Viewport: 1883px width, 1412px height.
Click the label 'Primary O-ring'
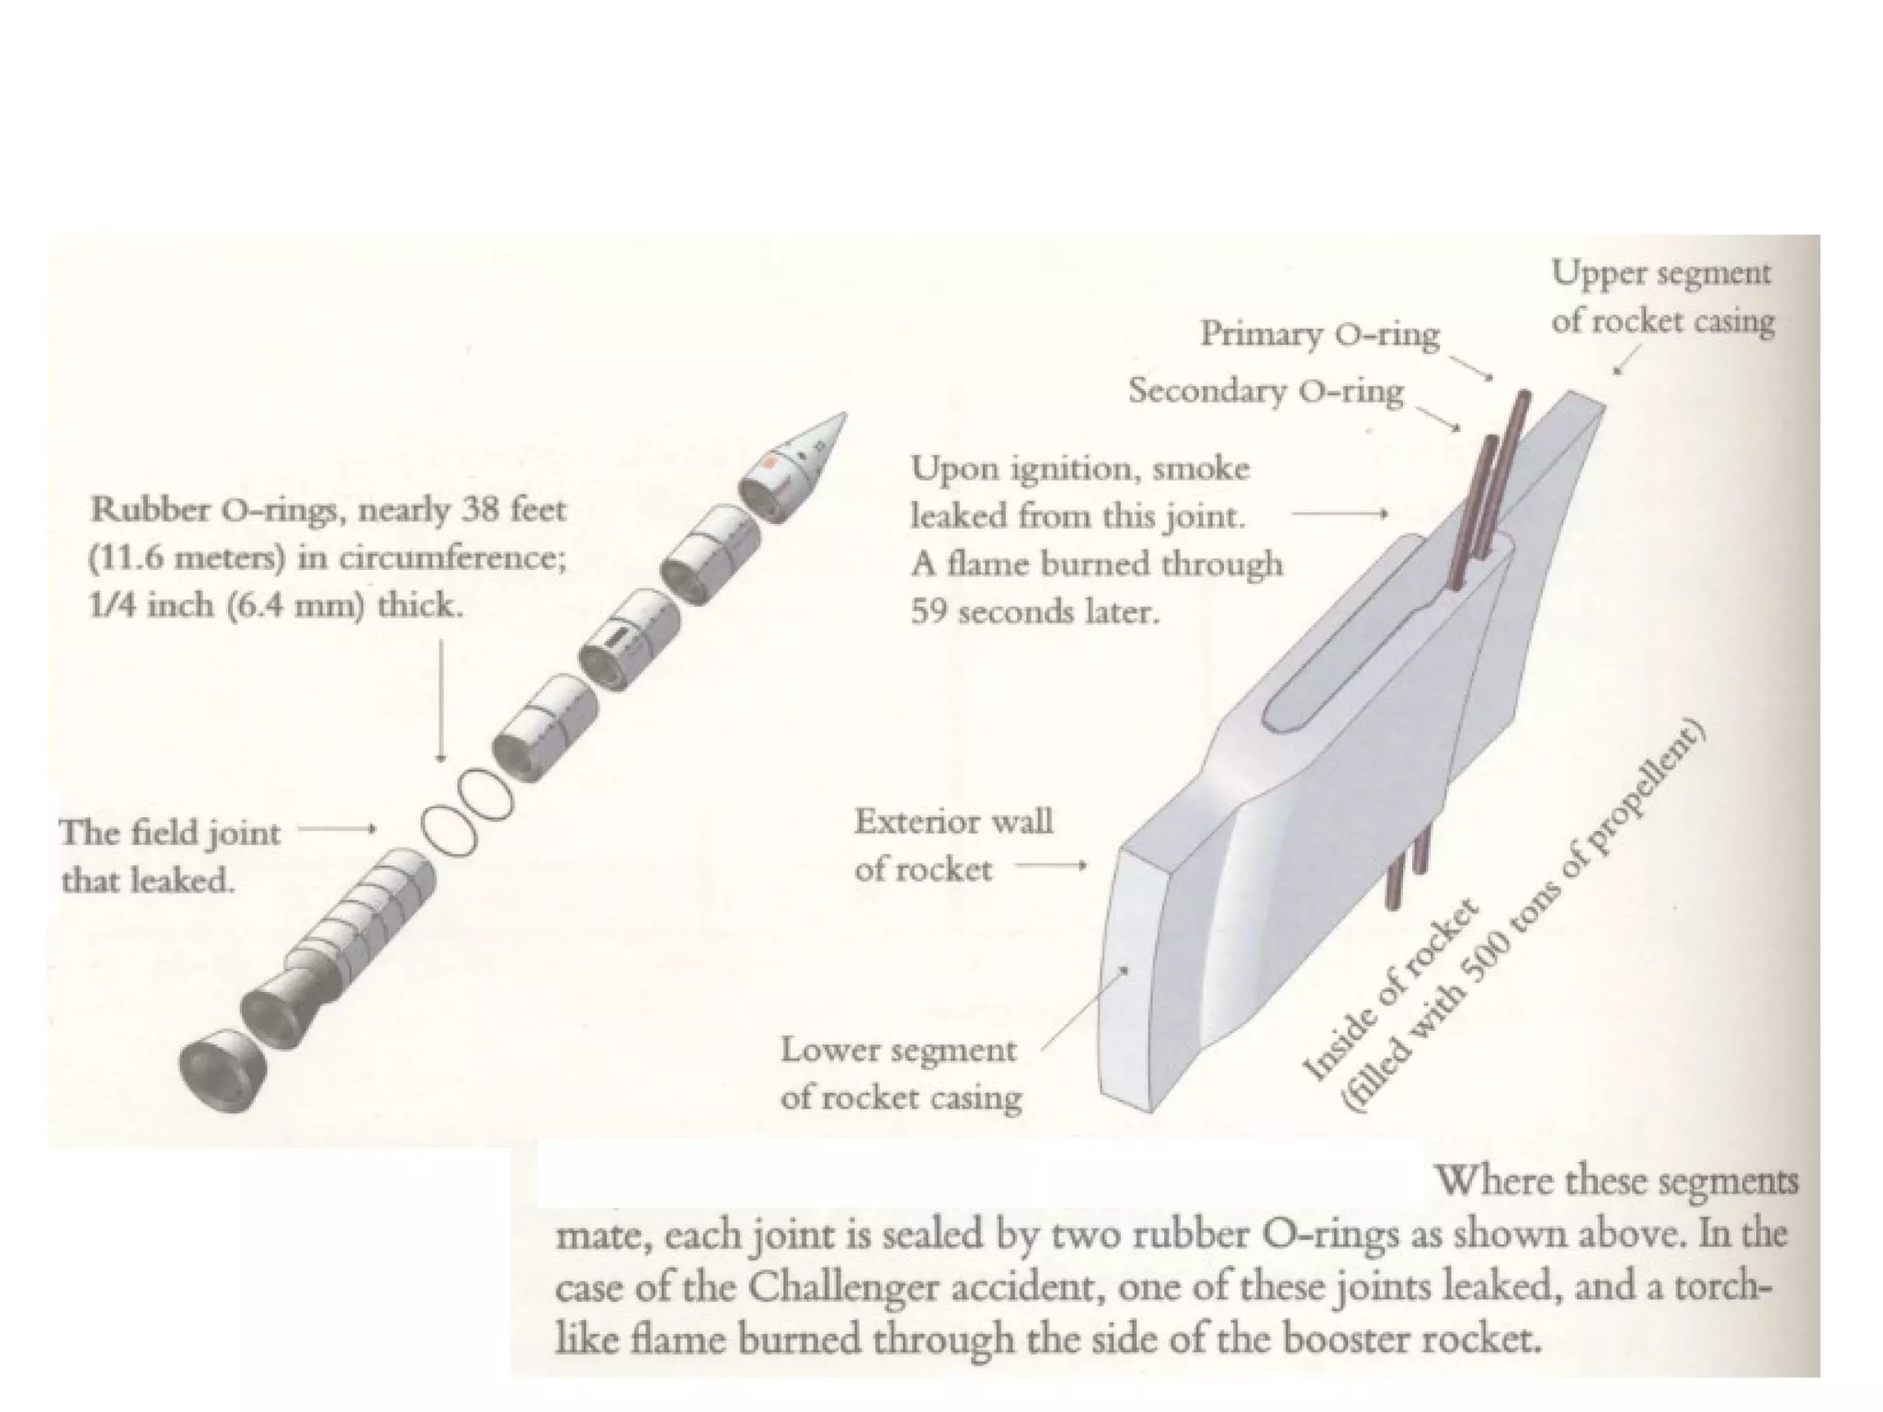pos(1319,334)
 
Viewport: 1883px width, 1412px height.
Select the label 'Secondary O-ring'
pos(1266,391)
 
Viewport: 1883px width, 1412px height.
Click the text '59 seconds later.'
pos(1035,611)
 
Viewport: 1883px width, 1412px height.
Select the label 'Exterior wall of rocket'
pos(953,845)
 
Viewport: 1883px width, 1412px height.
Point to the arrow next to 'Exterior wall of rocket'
pos(1050,866)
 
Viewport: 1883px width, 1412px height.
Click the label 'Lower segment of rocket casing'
pos(900,1073)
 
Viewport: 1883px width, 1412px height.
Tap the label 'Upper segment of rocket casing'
pos(1662,296)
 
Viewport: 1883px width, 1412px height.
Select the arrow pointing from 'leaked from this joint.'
pos(1339,514)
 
